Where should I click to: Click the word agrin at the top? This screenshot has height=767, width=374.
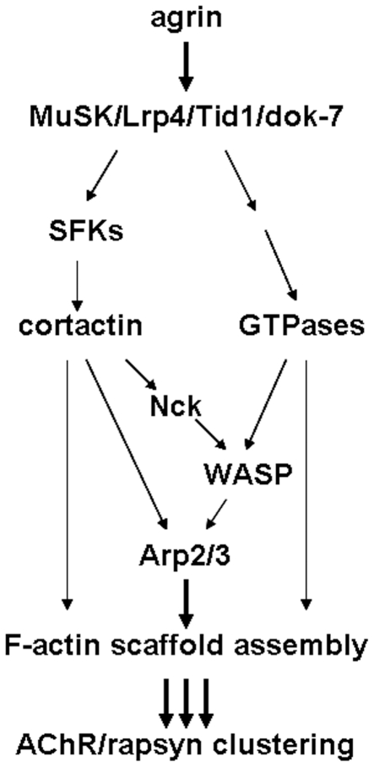click(x=186, y=20)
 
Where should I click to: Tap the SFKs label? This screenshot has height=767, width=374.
click(x=86, y=230)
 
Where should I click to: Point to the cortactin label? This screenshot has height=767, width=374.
click(x=81, y=327)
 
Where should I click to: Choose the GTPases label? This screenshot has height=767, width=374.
click(x=302, y=327)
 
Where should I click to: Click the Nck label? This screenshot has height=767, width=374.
click(x=173, y=407)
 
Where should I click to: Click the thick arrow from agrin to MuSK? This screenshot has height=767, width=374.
click(x=185, y=66)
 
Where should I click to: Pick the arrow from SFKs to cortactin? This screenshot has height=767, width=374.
click(x=76, y=282)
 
